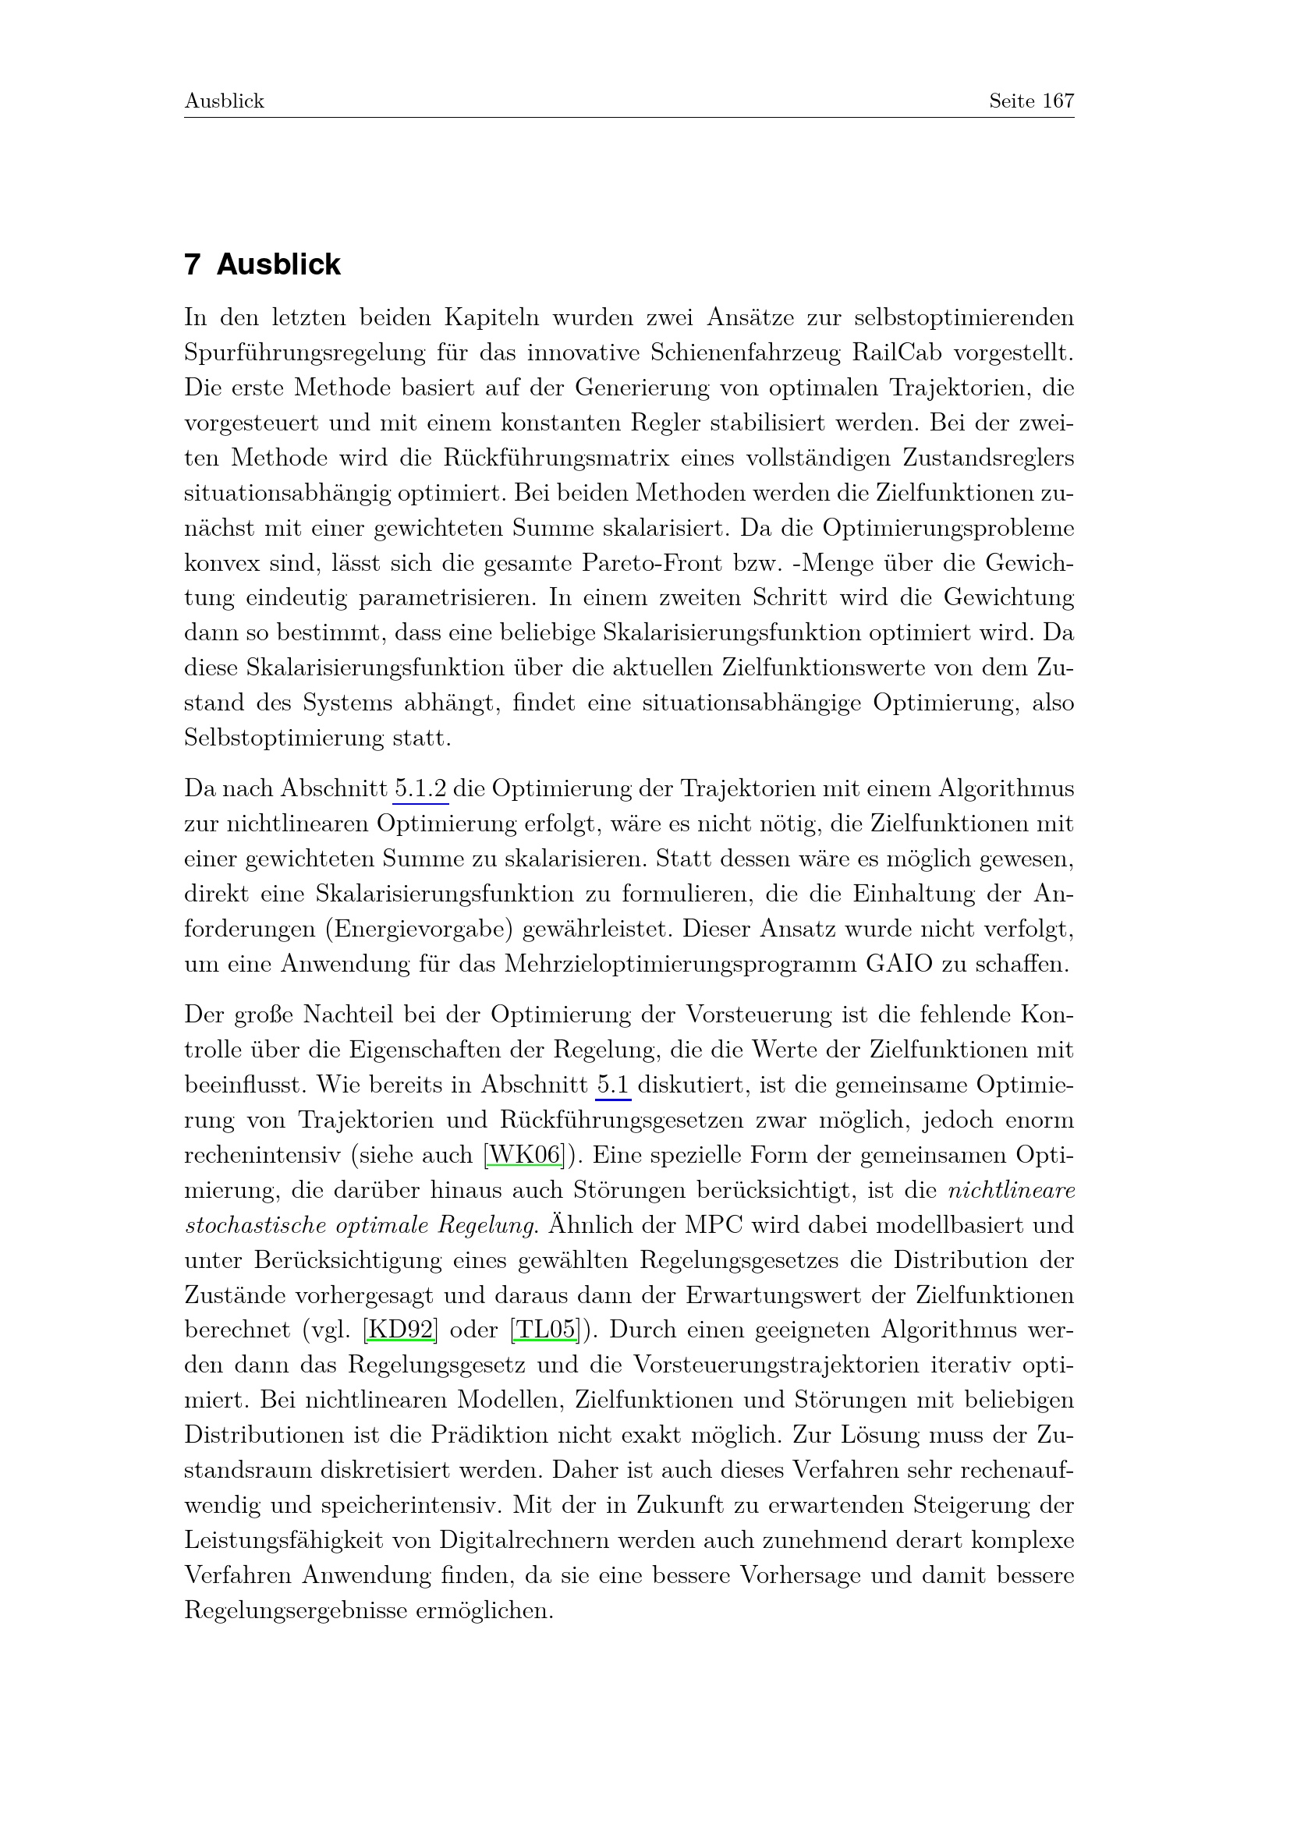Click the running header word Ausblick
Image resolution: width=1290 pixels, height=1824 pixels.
[x=224, y=101]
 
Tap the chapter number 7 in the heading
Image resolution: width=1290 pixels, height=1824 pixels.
[x=191, y=264]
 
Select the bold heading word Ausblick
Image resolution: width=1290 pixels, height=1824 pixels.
[x=278, y=264]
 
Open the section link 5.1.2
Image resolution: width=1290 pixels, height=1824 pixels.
[x=420, y=789]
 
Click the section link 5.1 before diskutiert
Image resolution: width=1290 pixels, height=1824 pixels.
[x=613, y=1086]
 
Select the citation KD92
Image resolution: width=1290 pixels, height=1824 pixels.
[x=400, y=1330]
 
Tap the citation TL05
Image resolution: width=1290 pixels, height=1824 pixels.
[x=545, y=1330]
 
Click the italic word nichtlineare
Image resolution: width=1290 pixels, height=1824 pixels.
[x=1012, y=1190]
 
